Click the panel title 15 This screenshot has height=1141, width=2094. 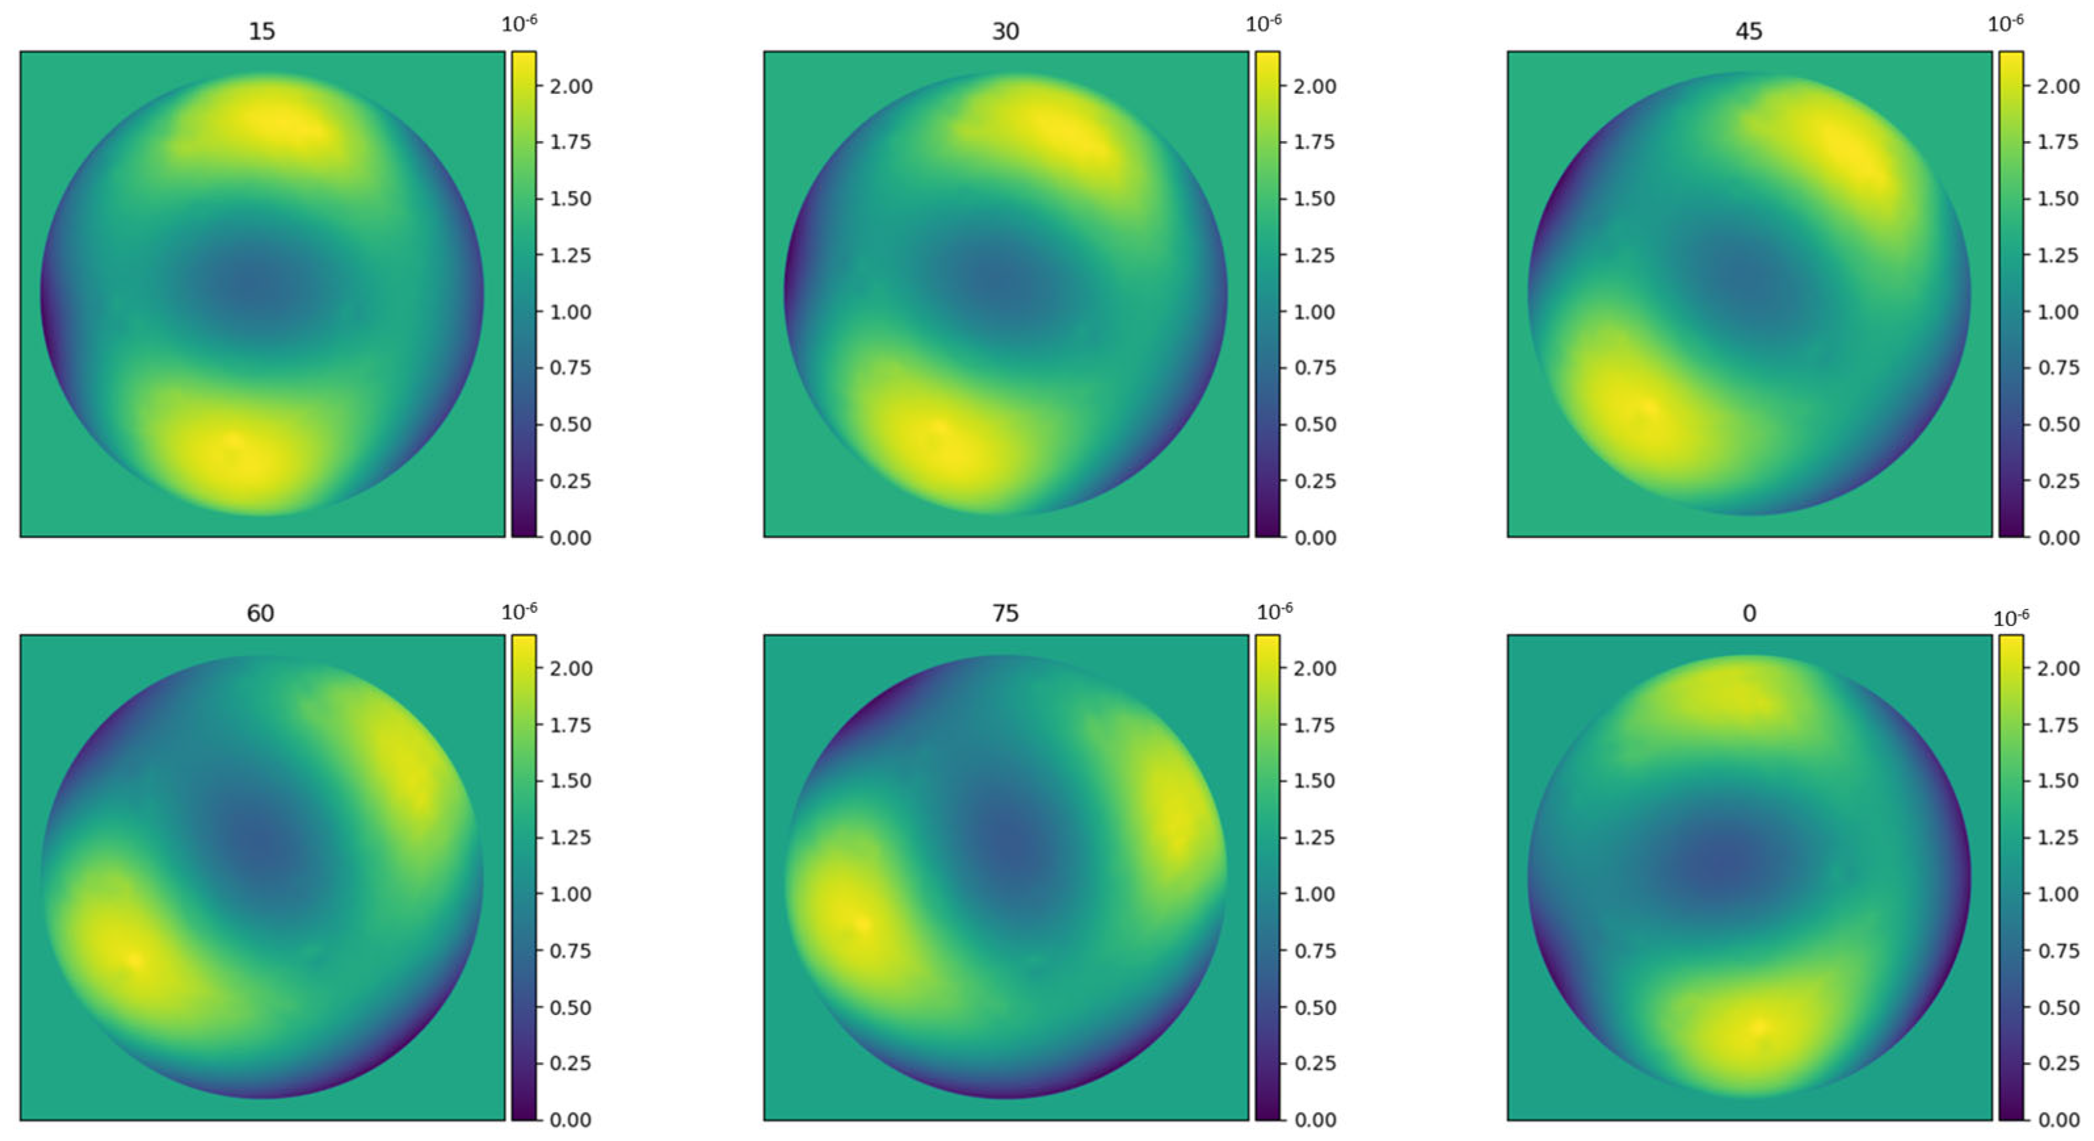261,31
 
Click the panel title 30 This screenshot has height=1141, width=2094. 1005,31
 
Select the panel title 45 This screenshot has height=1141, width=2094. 1748,31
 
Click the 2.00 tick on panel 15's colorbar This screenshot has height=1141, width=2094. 570,86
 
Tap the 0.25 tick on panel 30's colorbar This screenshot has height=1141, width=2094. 1314,481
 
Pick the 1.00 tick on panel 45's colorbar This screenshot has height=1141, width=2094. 2058,312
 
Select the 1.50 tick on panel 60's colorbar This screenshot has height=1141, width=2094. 570,781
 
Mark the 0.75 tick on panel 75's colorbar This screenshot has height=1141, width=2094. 1314,951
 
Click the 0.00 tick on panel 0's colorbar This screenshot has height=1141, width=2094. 2058,1120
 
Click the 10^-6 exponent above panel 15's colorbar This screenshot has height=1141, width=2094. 519,24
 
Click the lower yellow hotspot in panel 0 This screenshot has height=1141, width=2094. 1758,1027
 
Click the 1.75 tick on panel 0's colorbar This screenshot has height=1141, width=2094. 2058,724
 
